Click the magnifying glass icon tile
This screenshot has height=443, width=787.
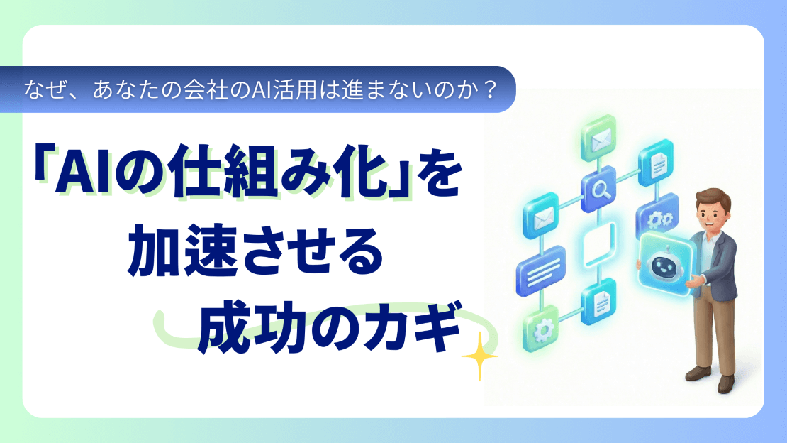point(598,190)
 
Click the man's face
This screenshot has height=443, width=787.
point(711,211)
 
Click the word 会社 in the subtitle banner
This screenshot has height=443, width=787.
point(186,90)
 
